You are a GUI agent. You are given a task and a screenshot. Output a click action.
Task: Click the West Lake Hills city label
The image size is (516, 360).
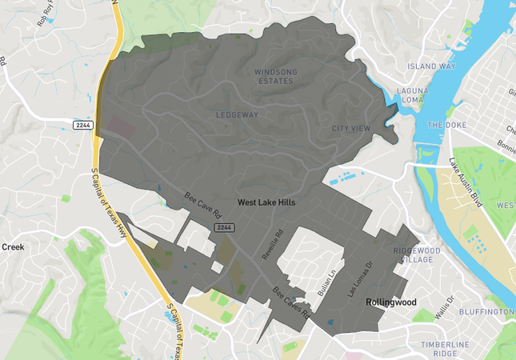pyautogui.click(x=266, y=203)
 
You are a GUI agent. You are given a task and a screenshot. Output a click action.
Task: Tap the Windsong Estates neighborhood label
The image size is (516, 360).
pyautogui.click(x=276, y=77)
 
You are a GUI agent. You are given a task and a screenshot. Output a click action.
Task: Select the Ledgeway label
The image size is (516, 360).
pyautogui.click(x=237, y=115)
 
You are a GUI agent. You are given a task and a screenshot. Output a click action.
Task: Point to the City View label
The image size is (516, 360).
pyautogui.click(x=351, y=129)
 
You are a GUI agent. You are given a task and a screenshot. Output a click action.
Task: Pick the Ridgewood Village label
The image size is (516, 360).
pyautogui.click(x=416, y=255)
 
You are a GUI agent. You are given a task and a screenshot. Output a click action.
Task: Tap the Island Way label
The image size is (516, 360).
pyautogui.click(x=431, y=66)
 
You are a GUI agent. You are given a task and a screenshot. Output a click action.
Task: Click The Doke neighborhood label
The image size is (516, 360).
pyautogui.click(x=446, y=126)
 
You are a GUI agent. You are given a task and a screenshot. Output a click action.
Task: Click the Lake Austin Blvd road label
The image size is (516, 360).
pyautogui.click(x=467, y=183)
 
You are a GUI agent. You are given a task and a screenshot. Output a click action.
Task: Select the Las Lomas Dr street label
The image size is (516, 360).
pyautogui.click(x=358, y=275)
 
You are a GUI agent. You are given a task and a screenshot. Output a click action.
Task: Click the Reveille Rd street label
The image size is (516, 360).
pyautogui.click(x=273, y=245)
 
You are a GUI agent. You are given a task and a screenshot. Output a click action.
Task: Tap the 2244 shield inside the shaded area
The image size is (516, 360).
pyautogui.click(x=224, y=228)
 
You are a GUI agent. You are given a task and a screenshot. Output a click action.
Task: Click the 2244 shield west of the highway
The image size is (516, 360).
pyautogui.click(x=82, y=126)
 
